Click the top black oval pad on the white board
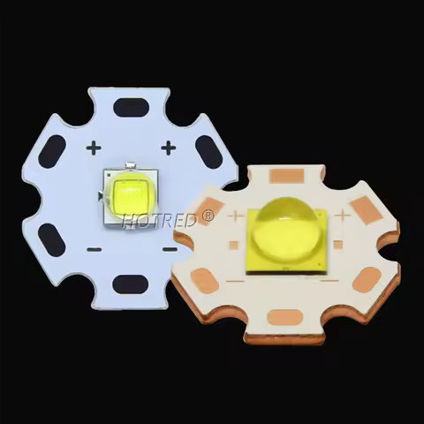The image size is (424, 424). point(130,108)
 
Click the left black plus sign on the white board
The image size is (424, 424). point(93,148)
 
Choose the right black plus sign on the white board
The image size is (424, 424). point(169,148)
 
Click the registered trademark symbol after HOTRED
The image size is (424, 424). point(208,215)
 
